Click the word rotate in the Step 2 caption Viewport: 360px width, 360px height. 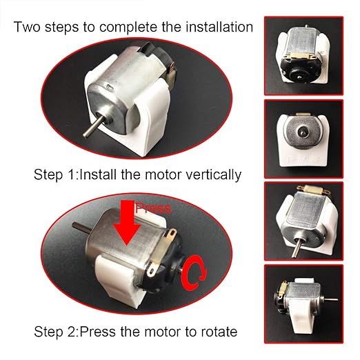click(219, 332)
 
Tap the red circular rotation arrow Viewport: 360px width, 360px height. click(194, 274)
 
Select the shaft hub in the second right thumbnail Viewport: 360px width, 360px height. click(304, 132)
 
